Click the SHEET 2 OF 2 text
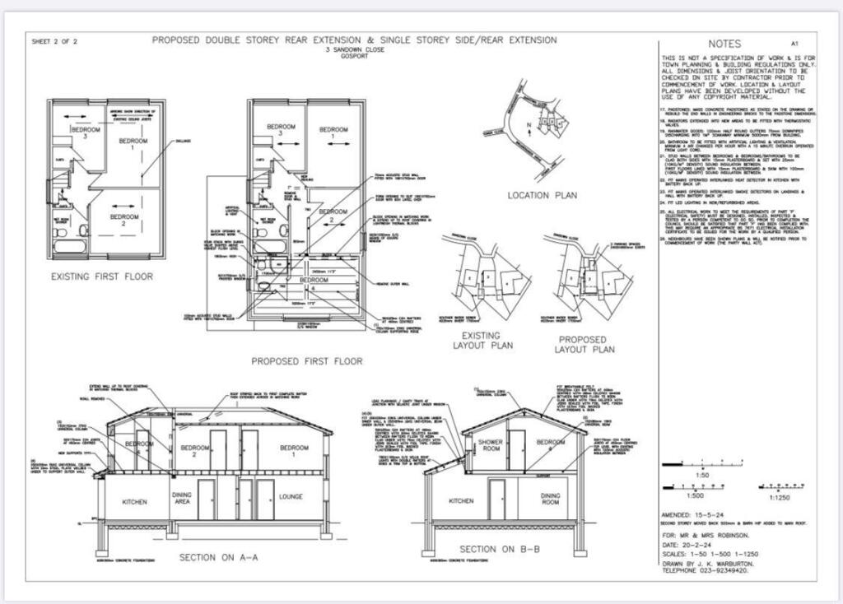point(54,41)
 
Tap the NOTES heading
point(724,44)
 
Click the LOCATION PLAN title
point(542,196)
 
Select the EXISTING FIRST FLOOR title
point(101,276)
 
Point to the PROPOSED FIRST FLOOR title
point(306,360)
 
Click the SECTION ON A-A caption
point(218,557)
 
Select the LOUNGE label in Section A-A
point(291,496)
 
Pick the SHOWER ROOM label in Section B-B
point(491,446)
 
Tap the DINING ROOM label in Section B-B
point(551,499)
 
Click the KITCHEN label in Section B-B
point(461,499)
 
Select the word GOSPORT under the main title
point(353,58)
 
